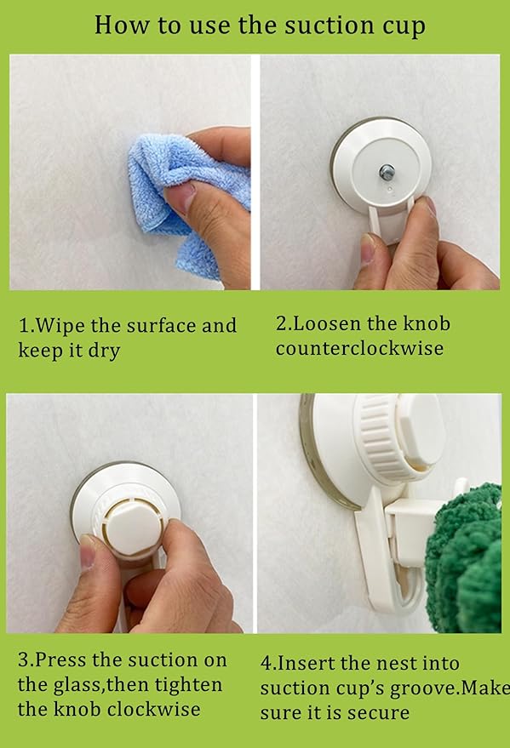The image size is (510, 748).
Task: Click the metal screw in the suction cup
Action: [x=386, y=172]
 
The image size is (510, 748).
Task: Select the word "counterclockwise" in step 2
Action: [x=359, y=348]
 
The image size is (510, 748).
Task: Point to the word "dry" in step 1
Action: [x=104, y=351]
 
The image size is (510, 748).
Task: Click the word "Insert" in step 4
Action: [x=307, y=663]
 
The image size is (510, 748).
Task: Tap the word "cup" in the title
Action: [x=404, y=26]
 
